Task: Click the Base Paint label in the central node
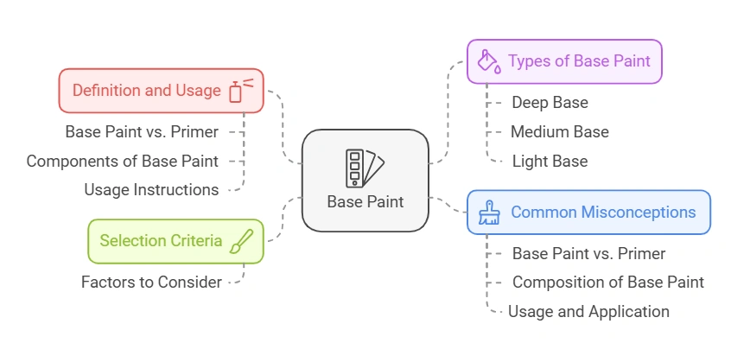365,201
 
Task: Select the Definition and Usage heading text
146,90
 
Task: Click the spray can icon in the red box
239,90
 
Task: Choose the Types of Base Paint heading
571,61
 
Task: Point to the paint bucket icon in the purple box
489,61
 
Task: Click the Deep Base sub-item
550,103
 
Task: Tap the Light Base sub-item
550,162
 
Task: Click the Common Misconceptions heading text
603,212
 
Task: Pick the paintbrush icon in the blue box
488,213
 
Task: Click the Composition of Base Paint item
607,283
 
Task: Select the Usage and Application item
588,312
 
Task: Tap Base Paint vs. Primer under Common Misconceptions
588,254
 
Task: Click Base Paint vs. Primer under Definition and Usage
142,132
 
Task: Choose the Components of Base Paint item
122,161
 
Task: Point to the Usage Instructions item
151,189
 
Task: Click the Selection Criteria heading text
161,241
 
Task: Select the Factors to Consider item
151,282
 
